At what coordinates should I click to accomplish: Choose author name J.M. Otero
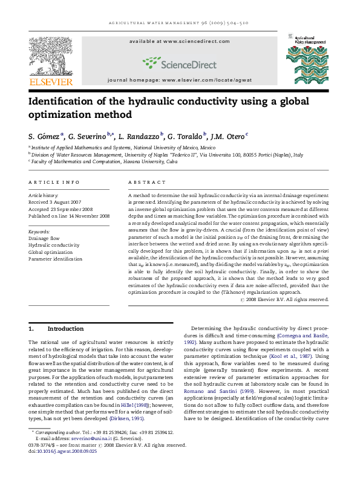pyautogui.click(x=229, y=136)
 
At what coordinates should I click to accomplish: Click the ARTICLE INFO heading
pyautogui.click(x=54, y=182)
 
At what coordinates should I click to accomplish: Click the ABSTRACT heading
pyautogui.click(x=147, y=182)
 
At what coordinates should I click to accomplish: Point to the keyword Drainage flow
pyautogui.click(x=44, y=238)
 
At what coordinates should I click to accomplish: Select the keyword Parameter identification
pyautogui.click(x=56, y=259)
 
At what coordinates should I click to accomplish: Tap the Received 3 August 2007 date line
pyautogui.click(x=55, y=202)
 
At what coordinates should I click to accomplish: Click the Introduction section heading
pyautogui.click(x=65, y=329)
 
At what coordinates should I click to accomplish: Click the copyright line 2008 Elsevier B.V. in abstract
pyautogui.click(x=295, y=299)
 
